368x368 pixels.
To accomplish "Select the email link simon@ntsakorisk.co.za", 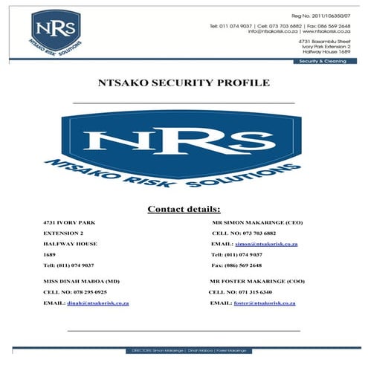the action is click(266, 244).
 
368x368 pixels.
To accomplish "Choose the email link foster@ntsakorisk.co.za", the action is click(265, 303).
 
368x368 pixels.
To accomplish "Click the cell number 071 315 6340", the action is click(257, 292).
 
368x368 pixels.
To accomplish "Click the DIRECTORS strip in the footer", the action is click(184, 349).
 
